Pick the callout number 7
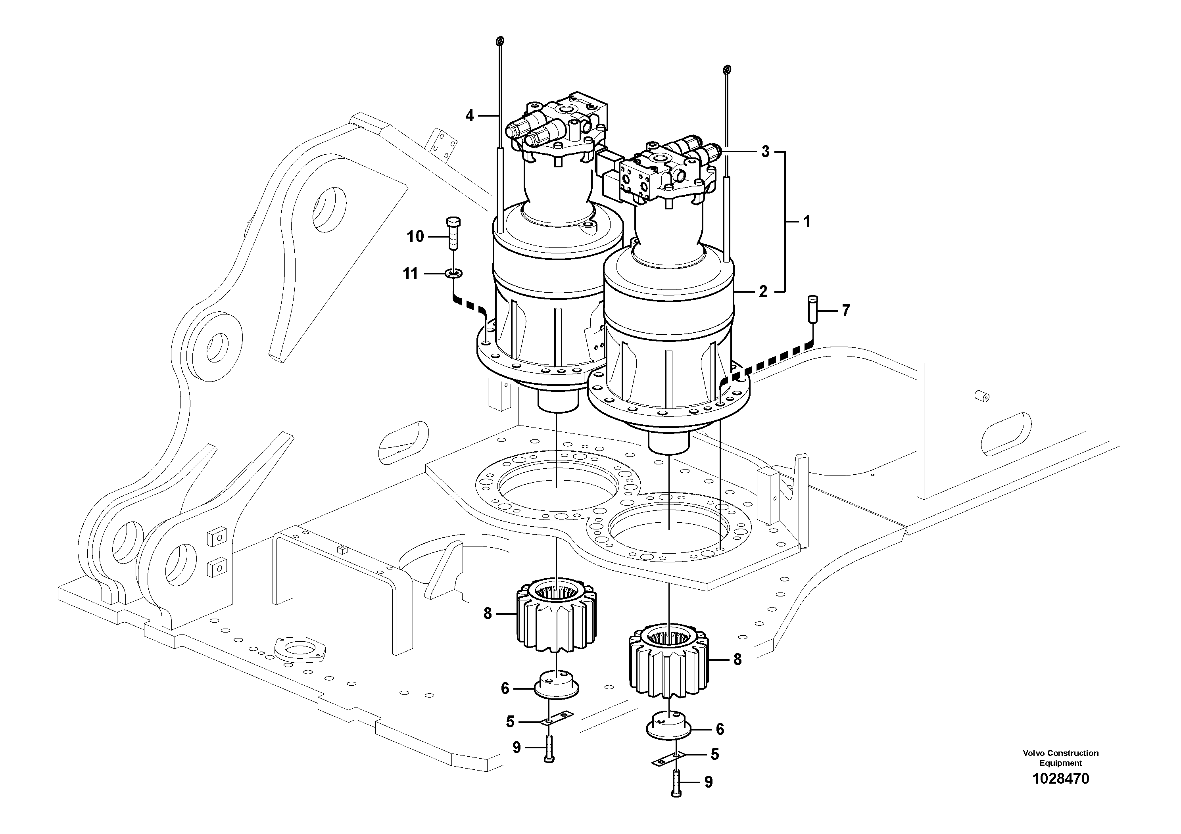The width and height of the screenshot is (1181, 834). pos(846,311)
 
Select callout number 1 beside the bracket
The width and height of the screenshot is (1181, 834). pos(807,222)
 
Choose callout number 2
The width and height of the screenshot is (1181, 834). pos(763,291)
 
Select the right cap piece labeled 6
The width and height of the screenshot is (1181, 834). pos(668,725)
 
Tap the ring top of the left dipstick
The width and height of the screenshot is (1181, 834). pos(499,41)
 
